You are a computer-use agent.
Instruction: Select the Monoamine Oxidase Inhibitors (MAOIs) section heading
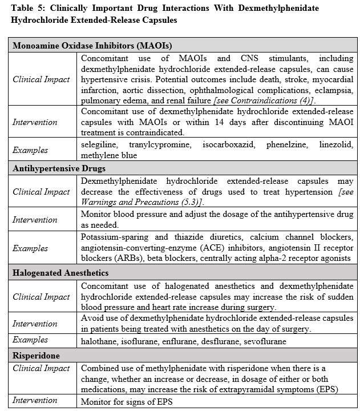pyautogui.click(x=92, y=46)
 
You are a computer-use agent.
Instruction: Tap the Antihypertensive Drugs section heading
pyautogui.click(x=59, y=168)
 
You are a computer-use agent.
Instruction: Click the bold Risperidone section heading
pyautogui.click(x=37, y=355)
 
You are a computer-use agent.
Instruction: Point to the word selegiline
pyautogui.click(x=99, y=145)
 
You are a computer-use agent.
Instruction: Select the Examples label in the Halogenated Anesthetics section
pyautogui.click(x=31, y=340)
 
